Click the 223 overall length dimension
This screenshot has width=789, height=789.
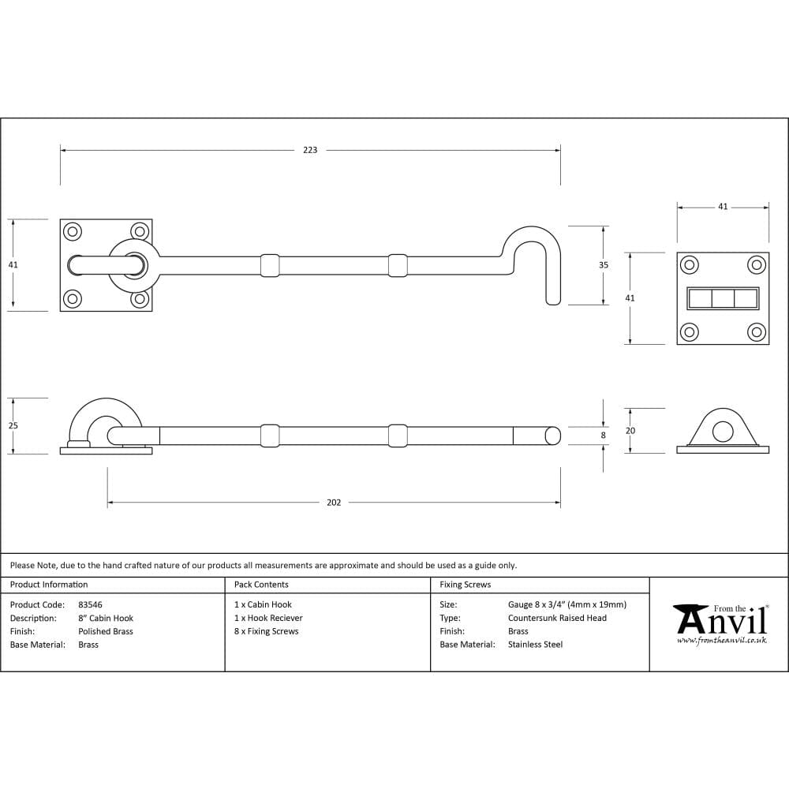(310, 150)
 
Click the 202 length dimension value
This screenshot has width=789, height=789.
(334, 503)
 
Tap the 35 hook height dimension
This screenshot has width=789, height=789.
(604, 265)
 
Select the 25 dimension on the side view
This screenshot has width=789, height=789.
(13, 426)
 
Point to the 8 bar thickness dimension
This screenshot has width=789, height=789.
(603, 436)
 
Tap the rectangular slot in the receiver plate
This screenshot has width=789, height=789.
(723, 298)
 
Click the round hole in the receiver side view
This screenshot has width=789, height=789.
(722, 431)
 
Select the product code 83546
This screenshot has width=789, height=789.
(90, 604)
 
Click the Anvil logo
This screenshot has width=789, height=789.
(720, 621)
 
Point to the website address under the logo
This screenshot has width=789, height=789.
(721, 641)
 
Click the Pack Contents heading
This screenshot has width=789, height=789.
(261, 585)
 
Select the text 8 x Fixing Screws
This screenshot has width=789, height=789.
(266, 631)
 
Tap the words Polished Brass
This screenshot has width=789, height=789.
(106, 631)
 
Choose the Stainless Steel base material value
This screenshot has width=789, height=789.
(535, 645)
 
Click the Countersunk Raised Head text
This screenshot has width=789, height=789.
(557, 618)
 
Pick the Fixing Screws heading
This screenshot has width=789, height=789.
(465, 585)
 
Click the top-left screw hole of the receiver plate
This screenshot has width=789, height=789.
(689, 264)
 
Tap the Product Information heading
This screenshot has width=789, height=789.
(49, 585)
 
